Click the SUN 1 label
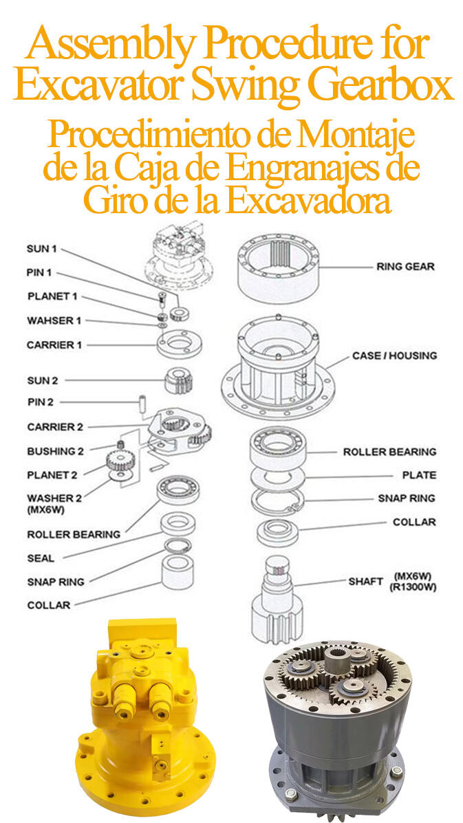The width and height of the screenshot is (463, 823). pyautogui.click(x=41, y=248)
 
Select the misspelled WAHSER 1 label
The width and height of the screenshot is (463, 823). pyautogui.click(x=54, y=320)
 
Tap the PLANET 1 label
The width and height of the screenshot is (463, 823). pyautogui.click(x=52, y=296)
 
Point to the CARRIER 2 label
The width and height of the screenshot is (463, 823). pyautogui.click(x=55, y=427)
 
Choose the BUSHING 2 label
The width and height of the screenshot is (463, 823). pyautogui.click(x=55, y=451)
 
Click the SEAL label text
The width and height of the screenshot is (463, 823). pyautogui.click(x=41, y=558)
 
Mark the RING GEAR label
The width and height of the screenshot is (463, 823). pyautogui.click(x=405, y=266)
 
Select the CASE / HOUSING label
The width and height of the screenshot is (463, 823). pyautogui.click(x=394, y=355)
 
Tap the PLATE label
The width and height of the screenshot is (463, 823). pyautogui.click(x=419, y=475)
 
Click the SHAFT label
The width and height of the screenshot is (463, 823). pyautogui.click(x=365, y=581)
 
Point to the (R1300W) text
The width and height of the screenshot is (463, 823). pyautogui.click(x=414, y=587)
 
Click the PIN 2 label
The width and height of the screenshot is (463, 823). pyautogui.click(x=40, y=402)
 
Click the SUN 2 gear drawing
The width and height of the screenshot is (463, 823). pyautogui.click(x=177, y=380)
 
